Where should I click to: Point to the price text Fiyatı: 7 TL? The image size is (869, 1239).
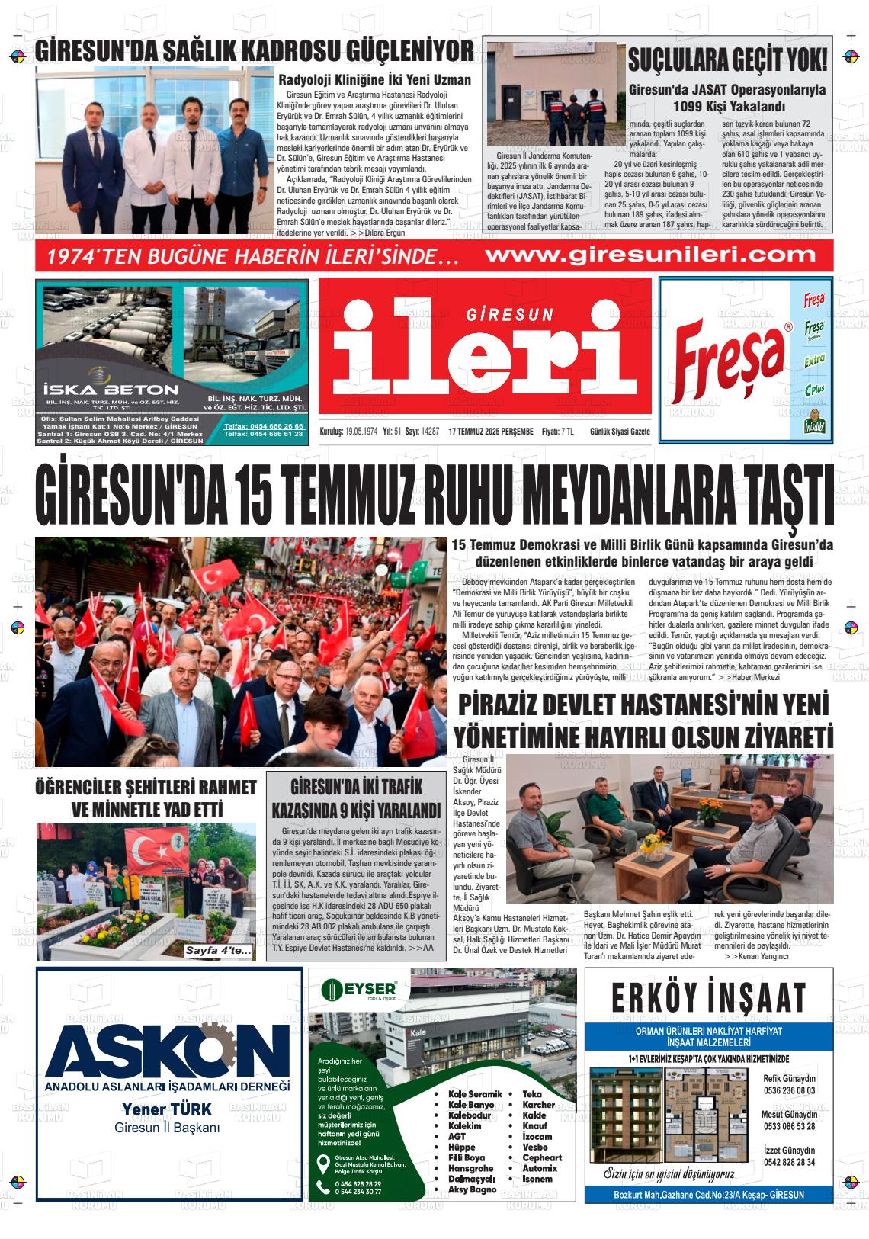557,432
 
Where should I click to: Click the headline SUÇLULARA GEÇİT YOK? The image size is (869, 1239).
727,59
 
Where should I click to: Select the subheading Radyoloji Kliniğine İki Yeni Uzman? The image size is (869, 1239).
374,79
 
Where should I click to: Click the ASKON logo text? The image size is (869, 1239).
162,1048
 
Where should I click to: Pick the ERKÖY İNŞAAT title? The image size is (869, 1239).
708,997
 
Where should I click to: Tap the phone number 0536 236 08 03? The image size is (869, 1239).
788,1090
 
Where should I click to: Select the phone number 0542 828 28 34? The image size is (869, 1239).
788,1162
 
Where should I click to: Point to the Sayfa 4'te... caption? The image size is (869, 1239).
219,951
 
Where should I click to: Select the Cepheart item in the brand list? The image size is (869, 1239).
542,1157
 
